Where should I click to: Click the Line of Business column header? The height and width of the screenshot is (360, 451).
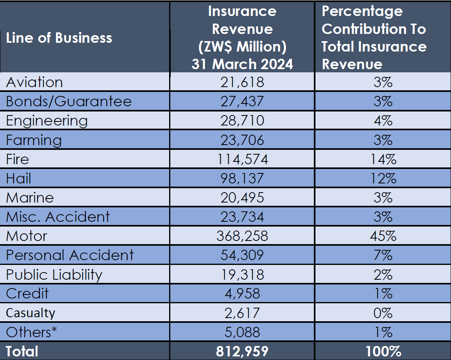(59, 38)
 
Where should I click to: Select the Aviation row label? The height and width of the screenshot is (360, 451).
(34, 82)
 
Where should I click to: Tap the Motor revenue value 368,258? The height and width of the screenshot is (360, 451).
(242, 236)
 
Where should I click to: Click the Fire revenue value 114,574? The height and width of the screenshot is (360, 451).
(242, 159)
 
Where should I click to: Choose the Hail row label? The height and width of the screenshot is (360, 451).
(18, 178)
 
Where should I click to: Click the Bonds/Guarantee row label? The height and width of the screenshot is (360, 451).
(68, 101)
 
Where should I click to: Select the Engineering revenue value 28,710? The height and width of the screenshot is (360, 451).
(242, 121)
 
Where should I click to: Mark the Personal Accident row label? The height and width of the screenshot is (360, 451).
(70, 255)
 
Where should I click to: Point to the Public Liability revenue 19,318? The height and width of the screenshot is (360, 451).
(242, 274)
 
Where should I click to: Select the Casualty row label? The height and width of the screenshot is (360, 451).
(30, 313)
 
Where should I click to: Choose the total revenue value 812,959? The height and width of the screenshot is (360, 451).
(242, 351)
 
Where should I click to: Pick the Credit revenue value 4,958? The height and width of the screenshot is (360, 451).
(242, 294)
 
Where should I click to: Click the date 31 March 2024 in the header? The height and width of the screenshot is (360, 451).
(242, 64)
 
